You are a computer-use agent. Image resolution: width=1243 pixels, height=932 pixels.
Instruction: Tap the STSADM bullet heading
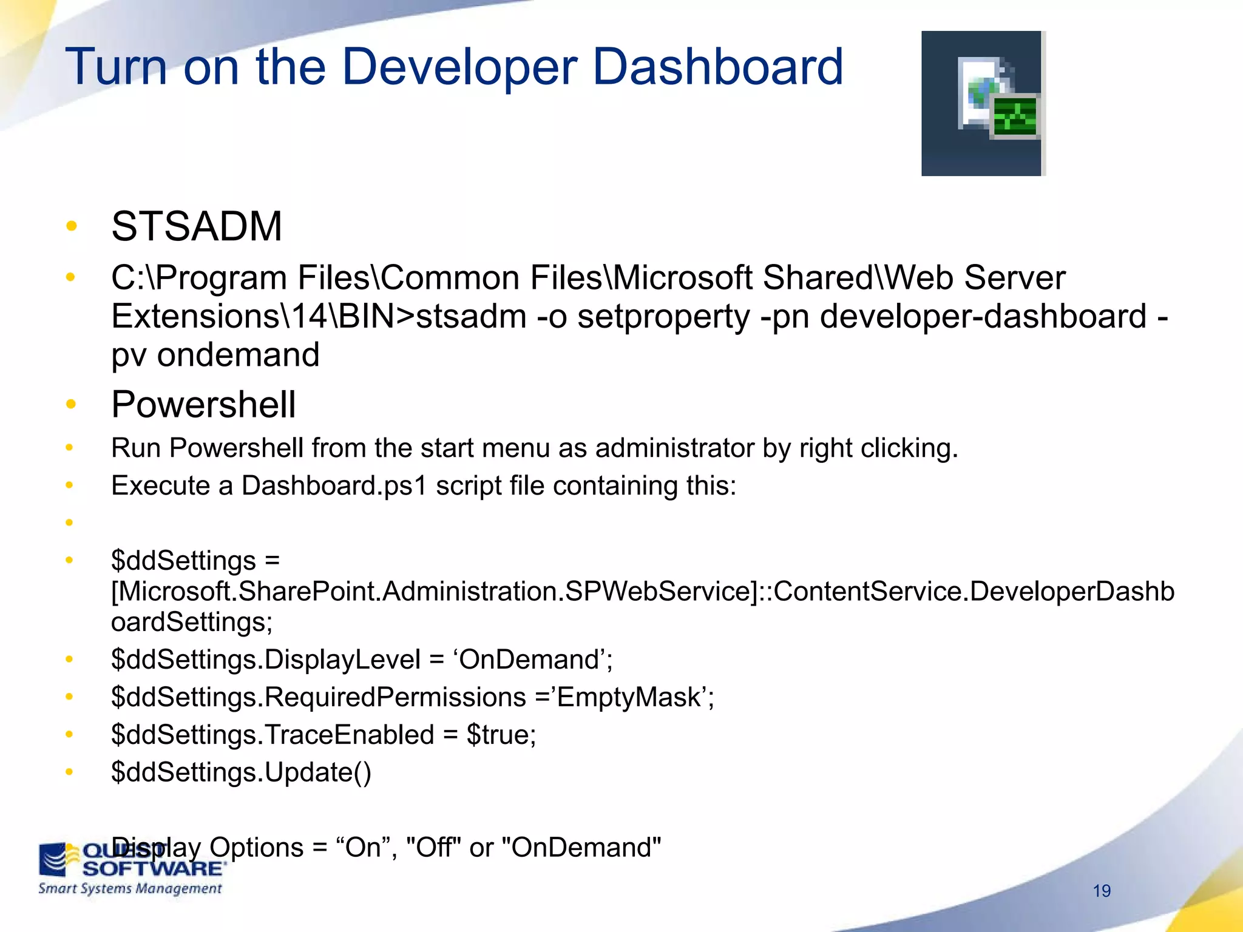197,226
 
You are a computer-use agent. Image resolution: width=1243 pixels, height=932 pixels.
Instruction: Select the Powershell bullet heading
203,405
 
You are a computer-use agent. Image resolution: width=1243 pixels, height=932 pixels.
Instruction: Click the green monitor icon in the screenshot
1014,116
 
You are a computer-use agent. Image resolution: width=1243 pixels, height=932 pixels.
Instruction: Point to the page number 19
1102,891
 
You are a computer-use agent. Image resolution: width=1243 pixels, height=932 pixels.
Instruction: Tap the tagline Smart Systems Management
130,889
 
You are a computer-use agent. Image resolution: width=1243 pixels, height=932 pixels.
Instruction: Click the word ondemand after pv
238,355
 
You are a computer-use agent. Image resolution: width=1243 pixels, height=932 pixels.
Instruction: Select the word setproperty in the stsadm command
663,317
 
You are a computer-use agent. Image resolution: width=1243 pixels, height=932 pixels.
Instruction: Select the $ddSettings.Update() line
241,772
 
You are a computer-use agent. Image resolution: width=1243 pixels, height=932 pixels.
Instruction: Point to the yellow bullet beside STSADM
72,226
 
